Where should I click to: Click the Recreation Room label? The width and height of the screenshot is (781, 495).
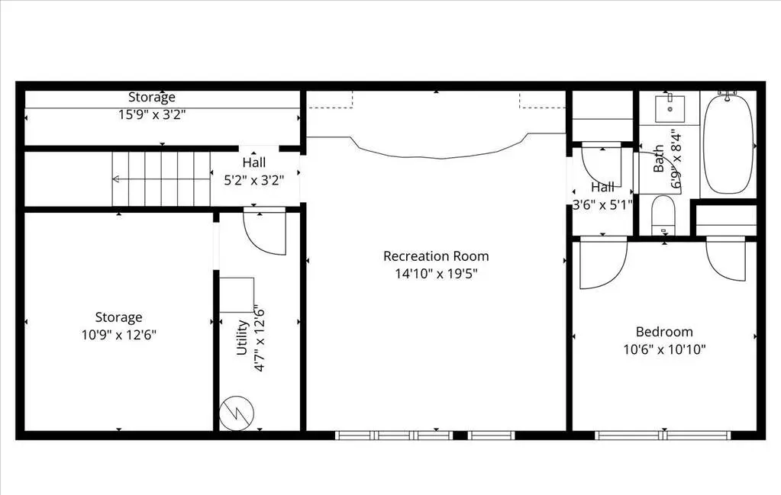(x=436, y=256)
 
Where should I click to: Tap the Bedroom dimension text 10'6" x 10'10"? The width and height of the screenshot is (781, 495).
(x=664, y=349)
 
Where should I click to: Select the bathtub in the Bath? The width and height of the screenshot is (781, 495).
(x=728, y=143)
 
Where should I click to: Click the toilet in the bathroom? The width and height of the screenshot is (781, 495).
(x=663, y=215)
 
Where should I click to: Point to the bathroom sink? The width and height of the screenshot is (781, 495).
(x=670, y=108)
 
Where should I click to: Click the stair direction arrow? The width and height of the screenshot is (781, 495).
(x=161, y=179)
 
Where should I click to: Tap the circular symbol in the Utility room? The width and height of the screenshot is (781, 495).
(x=237, y=413)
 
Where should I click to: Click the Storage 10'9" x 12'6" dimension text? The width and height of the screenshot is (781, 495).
(x=119, y=335)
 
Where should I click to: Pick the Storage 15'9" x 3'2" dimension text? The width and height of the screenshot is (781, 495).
(x=152, y=114)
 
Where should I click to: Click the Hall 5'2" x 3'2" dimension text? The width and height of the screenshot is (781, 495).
(x=254, y=180)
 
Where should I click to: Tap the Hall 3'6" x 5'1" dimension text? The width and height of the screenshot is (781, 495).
(x=602, y=204)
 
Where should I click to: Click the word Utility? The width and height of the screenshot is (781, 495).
(x=242, y=337)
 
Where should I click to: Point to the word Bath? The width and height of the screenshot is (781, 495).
(x=659, y=158)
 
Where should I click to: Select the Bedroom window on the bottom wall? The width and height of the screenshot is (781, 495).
(x=663, y=436)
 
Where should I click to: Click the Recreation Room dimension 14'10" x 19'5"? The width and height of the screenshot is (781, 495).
(x=437, y=274)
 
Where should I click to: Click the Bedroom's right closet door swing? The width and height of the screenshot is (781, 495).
(x=726, y=259)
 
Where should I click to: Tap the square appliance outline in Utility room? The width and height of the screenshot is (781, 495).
(x=237, y=295)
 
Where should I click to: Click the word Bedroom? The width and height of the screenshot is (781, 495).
(x=664, y=332)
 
